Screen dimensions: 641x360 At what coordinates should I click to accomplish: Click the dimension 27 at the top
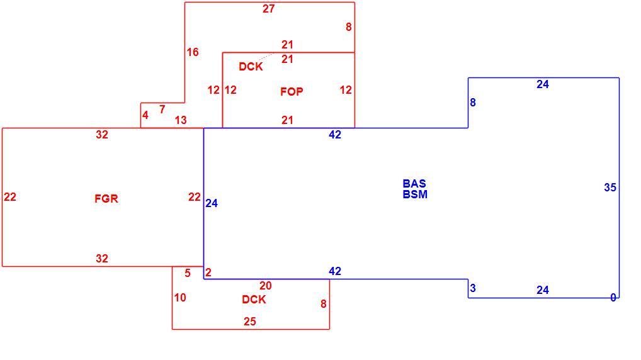pos(269,9)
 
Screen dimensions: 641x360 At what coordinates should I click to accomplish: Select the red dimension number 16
pos(193,52)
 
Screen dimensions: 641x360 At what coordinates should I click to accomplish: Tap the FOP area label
pos(292,91)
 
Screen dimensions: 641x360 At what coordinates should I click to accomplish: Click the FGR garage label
pos(106,199)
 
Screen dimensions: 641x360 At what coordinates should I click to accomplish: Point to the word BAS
pos(414,184)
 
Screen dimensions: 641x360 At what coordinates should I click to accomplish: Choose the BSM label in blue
pos(415,194)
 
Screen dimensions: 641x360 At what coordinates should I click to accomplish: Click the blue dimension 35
pos(610,187)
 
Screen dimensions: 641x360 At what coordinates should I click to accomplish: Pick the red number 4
pos(145,115)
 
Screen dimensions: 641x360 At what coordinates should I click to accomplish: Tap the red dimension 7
pos(162,110)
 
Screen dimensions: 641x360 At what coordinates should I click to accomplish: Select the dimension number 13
pos(181,120)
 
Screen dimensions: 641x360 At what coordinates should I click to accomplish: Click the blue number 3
pos(473,288)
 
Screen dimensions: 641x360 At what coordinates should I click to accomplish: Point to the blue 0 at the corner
pos(613,298)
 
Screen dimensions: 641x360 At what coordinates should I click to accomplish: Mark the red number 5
pos(188,273)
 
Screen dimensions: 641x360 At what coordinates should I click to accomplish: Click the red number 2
pos(208,272)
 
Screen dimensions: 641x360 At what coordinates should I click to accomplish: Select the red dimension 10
pos(180,298)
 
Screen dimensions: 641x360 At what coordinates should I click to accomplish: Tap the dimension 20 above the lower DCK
pos(265,285)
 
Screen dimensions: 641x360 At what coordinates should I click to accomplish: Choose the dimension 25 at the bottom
pos(250,322)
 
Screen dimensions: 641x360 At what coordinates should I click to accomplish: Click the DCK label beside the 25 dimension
pos(254,300)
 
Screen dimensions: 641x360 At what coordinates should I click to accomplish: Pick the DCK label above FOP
pos(251,67)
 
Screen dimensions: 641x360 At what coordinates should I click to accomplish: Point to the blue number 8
pos(473,103)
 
